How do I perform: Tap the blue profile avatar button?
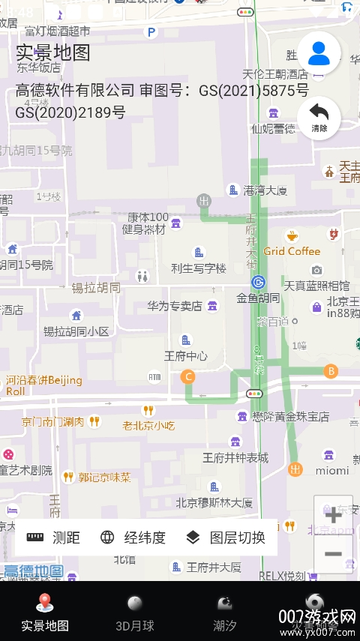tap(319, 52)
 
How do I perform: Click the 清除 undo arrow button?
tap(319, 117)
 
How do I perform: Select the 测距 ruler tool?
tap(53, 537)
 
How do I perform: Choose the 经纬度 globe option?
tap(133, 537)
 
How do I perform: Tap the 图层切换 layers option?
tap(226, 537)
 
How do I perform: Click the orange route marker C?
tap(188, 376)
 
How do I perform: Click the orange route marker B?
tap(331, 371)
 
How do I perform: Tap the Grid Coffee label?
tap(292, 251)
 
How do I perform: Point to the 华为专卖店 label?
tap(174, 306)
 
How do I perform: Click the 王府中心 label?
tap(186, 355)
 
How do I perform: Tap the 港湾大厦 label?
tap(265, 190)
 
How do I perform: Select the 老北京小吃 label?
tap(148, 425)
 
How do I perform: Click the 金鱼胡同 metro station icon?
tap(258, 282)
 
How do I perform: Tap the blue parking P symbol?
tap(151, 32)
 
